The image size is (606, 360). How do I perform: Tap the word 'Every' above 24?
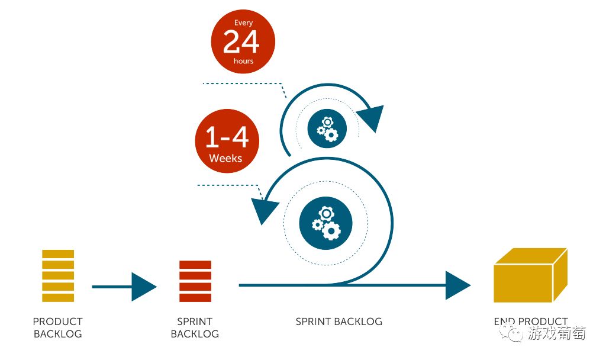pos(243,23)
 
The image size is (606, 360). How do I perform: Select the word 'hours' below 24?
pos(243,61)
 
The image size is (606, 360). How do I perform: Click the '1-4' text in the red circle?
pos(227,138)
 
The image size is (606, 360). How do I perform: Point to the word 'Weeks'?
pos(225,158)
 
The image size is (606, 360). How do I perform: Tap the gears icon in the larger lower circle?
pos(326,221)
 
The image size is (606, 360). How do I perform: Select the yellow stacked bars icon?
pos(58,275)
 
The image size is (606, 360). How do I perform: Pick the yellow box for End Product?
pos(530,275)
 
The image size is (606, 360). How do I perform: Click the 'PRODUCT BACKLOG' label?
pos(58,327)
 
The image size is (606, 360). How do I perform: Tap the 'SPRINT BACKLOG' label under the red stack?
pos(195,327)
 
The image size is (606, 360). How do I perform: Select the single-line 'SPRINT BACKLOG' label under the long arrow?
pos(339,322)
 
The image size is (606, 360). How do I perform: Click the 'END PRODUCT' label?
pos(531,322)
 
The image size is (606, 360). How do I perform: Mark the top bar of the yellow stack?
pos(58,254)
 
